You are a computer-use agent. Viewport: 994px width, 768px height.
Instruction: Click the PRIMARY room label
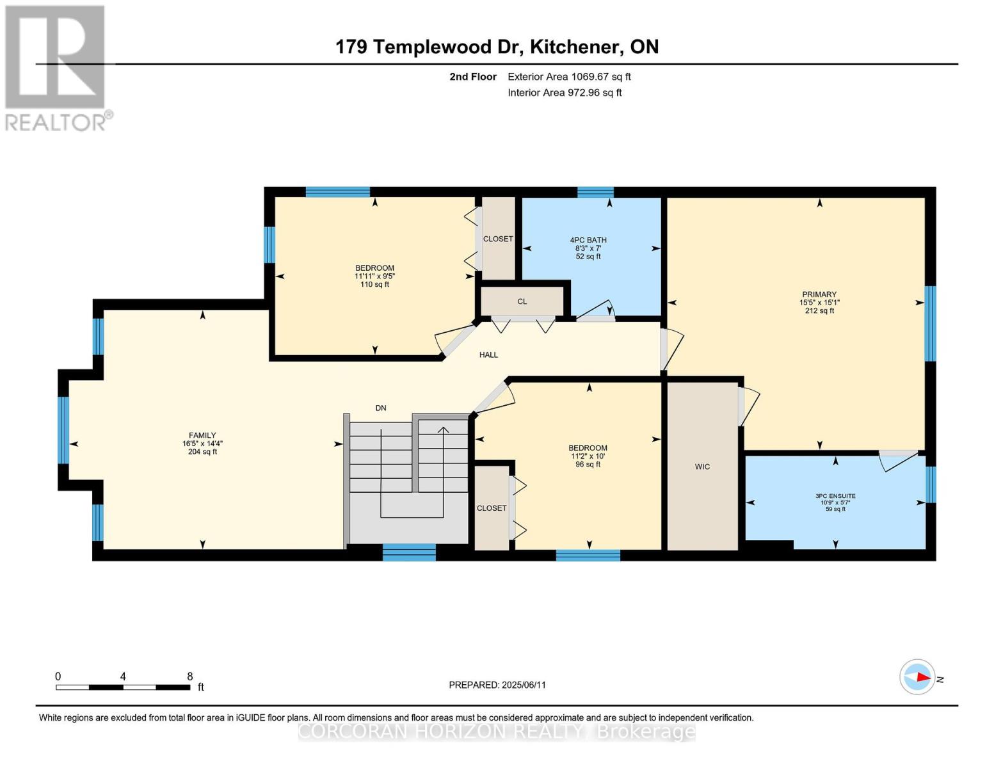coord(819,294)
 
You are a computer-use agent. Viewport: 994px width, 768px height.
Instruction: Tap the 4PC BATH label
coord(588,240)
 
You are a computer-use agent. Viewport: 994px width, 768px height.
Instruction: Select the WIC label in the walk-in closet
coord(702,467)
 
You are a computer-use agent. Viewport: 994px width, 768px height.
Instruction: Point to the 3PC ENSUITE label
coord(835,496)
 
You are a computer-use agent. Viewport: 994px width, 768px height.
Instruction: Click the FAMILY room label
coord(202,435)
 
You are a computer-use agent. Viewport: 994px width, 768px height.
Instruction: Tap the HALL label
coord(488,355)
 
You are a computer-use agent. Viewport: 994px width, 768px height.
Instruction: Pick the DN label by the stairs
coord(381,408)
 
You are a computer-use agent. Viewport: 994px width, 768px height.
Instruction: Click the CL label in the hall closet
coord(522,301)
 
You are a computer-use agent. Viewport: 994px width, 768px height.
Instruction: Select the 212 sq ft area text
coord(819,310)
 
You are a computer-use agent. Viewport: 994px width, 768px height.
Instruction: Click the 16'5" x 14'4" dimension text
coord(202,444)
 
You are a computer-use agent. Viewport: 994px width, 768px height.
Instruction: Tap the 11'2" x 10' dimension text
coord(588,456)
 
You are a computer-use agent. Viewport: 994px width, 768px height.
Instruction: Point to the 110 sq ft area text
coord(374,284)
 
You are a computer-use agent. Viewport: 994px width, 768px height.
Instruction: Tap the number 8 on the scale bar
coord(190,676)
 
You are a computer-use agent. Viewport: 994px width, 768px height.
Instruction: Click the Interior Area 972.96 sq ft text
coord(565,92)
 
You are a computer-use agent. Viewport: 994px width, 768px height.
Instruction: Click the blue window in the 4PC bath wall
coord(595,192)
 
